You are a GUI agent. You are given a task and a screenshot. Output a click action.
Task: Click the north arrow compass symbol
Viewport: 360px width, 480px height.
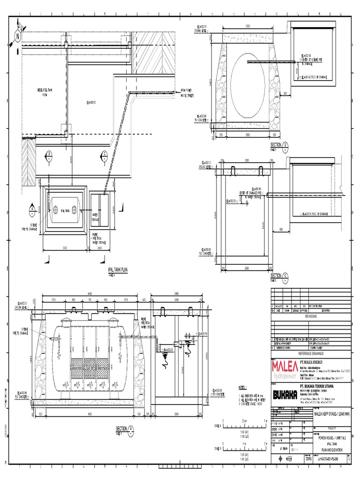18,35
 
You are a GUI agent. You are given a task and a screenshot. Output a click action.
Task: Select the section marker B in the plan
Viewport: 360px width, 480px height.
49,155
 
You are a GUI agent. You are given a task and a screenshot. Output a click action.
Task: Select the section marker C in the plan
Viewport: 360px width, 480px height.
104,155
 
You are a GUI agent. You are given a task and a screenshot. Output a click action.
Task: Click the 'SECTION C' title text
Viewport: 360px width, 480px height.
277,276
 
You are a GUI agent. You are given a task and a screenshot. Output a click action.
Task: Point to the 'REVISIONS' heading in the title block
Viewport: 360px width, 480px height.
311,316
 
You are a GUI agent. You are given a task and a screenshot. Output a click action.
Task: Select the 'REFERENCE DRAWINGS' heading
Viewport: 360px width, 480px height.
311,353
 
